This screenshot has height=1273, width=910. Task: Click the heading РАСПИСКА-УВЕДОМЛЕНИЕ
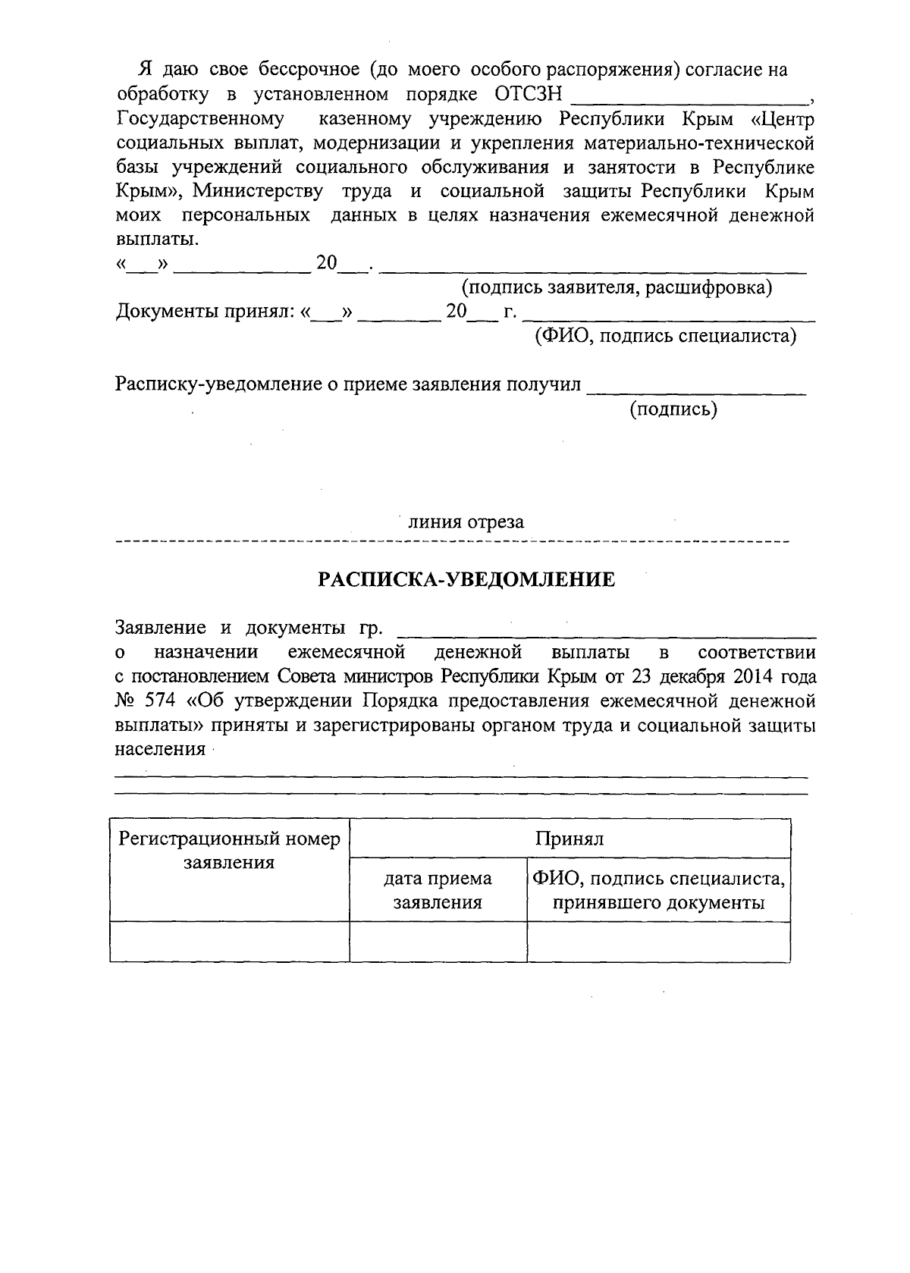pos(466,581)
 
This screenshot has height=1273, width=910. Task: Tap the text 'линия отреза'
pos(466,522)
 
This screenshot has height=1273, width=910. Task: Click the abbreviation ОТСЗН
pos(528,95)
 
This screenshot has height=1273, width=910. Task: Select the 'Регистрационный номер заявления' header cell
pos(230,851)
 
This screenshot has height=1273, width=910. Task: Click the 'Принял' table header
pos(570,839)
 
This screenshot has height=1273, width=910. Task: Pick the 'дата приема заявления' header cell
pos(438,890)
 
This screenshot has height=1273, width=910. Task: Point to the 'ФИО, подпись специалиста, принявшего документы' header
pos(658,890)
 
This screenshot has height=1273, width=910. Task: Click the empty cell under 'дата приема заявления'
pos(438,942)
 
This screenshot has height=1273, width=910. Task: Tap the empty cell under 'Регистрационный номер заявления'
pos(230,942)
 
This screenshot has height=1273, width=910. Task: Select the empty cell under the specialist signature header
pos(658,942)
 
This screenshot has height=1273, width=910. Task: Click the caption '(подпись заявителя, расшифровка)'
pos(617,288)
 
